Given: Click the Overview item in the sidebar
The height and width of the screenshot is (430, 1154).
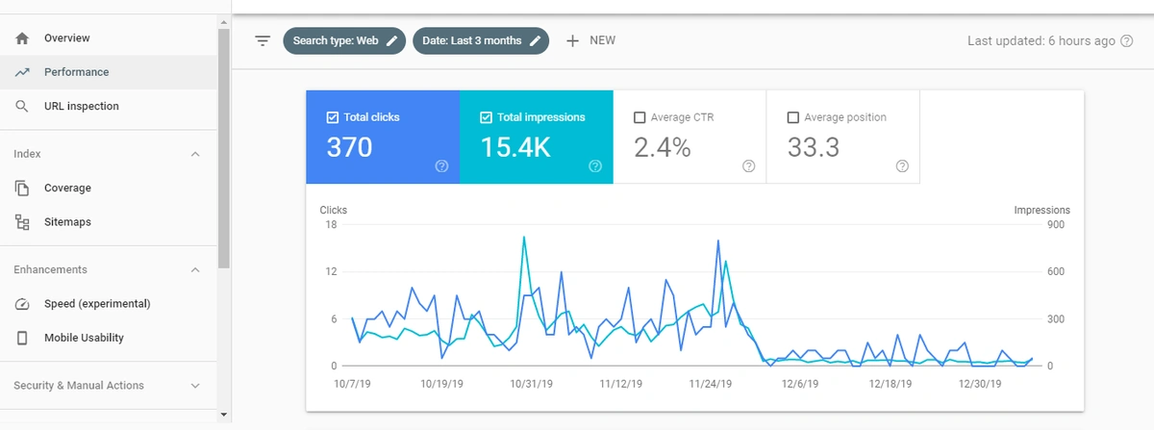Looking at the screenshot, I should (66, 38).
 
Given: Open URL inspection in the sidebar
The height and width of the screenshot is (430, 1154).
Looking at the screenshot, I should (81, 106).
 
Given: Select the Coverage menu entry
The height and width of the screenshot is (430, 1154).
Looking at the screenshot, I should (67, 188).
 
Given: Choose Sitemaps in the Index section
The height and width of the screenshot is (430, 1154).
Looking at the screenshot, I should (67, 222).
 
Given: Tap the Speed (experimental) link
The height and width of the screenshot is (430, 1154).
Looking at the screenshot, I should (96, 304).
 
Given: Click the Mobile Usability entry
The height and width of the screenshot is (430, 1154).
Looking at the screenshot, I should (84, 338).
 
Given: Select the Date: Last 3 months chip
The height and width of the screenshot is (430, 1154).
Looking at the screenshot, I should (481, 40).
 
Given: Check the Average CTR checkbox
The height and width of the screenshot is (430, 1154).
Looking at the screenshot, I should (640, 117).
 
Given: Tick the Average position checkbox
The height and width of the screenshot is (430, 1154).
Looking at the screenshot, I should (793, 117).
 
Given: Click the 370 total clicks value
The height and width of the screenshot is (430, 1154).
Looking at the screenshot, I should (349, 147).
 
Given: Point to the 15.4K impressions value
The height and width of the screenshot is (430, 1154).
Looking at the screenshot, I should (516, 147).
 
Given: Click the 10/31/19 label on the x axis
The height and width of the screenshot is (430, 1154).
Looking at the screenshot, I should (531, 383).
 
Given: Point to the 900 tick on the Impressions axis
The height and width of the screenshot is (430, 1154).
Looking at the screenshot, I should (1056, 225).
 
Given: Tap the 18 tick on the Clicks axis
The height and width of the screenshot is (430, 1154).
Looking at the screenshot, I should (330, 225).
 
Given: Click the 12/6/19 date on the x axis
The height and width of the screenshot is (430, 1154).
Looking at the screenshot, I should (800, 383).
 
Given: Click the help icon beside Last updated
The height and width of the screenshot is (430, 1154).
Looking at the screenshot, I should (1127, 40).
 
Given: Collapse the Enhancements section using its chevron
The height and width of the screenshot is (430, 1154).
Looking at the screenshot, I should (195, 270).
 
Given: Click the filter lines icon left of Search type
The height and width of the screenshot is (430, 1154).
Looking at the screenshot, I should (263, 40).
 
